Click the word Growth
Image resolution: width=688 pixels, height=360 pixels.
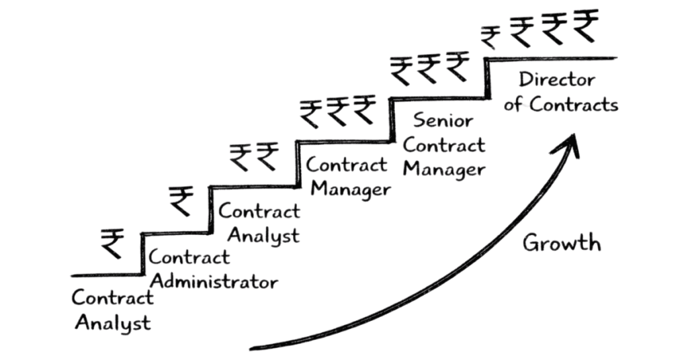coord(562,242)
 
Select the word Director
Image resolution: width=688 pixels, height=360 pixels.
coord(557,81)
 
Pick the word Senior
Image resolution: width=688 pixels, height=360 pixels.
coord(443,121)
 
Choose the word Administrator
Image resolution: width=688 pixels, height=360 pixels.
coord(212,281)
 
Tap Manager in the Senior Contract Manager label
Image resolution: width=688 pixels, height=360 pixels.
coord(443,169)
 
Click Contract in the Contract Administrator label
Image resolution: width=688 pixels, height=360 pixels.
coord(189,257)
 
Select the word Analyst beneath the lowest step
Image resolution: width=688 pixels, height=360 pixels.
coord(113,322)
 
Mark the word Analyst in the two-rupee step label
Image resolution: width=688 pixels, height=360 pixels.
coord(263,236)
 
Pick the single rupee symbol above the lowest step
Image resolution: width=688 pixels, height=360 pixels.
coord(112,244)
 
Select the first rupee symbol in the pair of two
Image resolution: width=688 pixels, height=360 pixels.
coord(241,158)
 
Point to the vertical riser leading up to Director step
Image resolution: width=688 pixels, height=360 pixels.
coord(488,79)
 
